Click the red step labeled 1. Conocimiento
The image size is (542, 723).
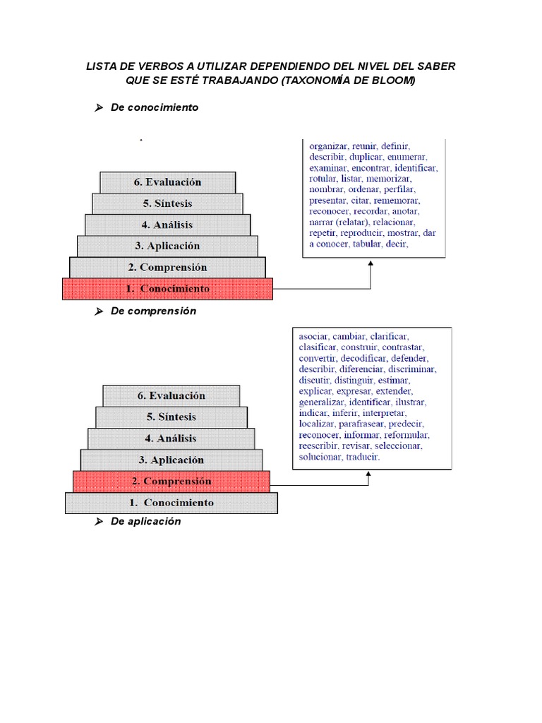[x=167, y=289]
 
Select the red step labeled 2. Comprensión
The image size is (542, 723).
[x=171, y=482]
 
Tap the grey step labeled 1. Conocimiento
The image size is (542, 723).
[x=171, y=503]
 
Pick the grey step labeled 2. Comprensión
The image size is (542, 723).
[x=167, y=268]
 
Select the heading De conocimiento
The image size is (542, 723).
[x=155, y=107]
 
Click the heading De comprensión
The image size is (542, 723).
[x=153, y=311]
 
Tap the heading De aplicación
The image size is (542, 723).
[x=145, y=521]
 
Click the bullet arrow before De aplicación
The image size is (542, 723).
[x=100, y=522]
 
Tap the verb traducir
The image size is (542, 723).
[x=363, y=457]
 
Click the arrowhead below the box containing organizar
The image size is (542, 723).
[x=371, y=264]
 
